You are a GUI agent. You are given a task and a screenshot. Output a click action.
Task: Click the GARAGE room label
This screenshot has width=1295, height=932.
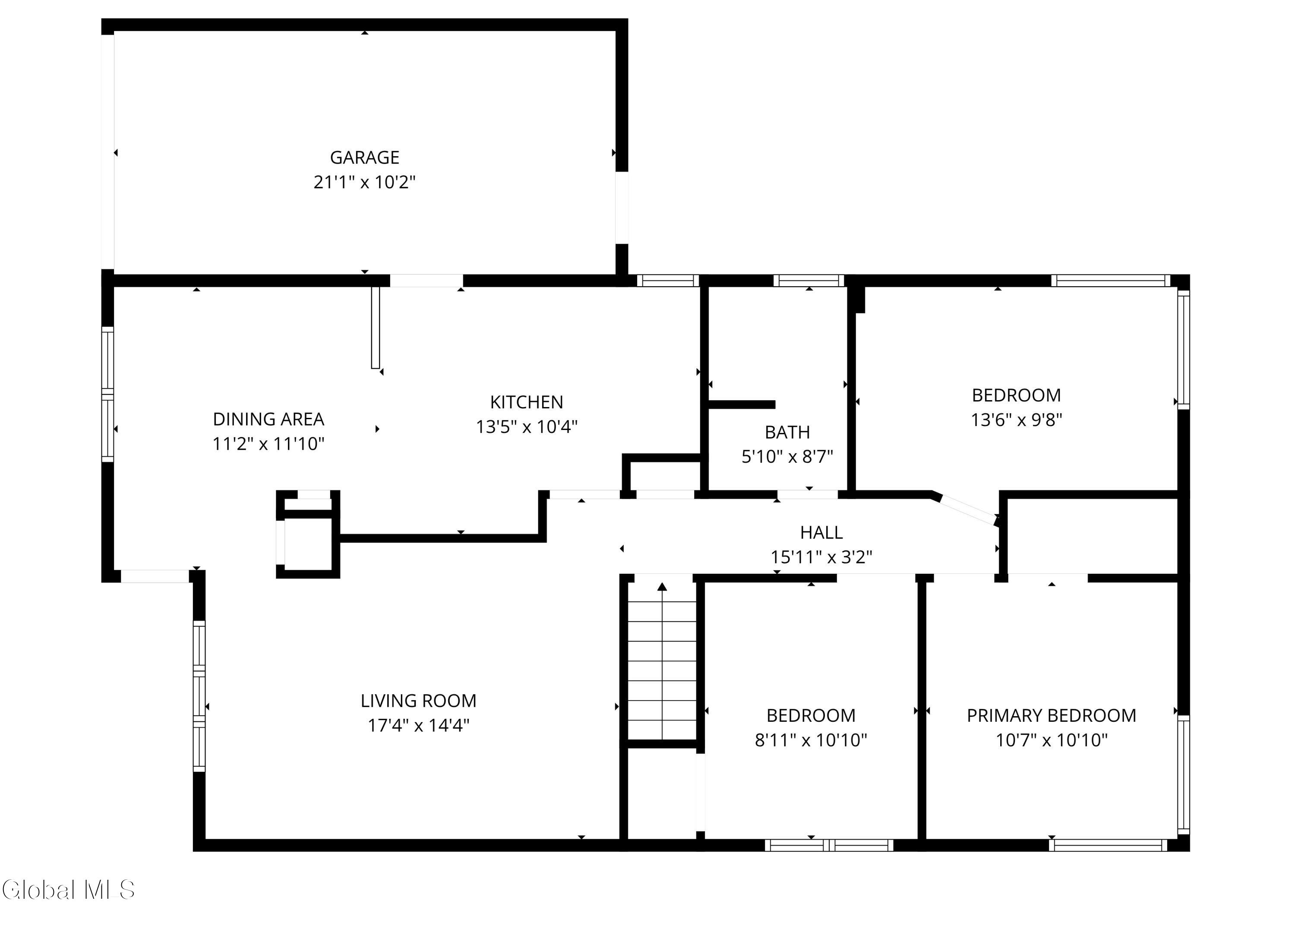tap(364, 157)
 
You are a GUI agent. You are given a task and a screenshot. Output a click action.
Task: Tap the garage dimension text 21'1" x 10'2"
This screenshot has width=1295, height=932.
tap(364, 182)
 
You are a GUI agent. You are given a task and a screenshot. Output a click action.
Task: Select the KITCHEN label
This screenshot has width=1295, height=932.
tap(527, 402)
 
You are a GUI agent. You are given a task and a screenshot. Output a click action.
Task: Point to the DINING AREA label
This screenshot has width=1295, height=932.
tap(268, 419)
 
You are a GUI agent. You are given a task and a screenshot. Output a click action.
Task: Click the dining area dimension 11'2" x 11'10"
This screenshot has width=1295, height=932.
tap(268, 444)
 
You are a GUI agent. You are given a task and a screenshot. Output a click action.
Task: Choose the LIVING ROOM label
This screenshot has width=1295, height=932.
tap(419, 701)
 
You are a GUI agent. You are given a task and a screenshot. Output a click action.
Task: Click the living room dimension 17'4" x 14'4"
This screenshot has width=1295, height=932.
tap(419, 725)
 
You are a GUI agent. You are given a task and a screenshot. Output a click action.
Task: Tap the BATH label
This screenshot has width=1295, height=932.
tap(787, 432)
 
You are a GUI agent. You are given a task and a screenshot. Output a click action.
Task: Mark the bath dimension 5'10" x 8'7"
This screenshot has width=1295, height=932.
tap(787, 457)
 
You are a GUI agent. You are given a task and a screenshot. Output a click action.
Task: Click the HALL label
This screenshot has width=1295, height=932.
tap(821, 532)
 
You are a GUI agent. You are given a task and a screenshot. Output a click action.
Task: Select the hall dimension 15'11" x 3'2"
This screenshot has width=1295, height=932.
tap(821, 557)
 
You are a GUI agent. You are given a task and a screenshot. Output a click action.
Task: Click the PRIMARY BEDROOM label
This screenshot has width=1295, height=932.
tap(1051, 716)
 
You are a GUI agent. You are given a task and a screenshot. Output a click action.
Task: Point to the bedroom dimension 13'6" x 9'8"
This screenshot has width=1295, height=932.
tap(1016, 420)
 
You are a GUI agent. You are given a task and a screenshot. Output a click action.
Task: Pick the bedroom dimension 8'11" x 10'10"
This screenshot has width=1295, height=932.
tap(811, 740)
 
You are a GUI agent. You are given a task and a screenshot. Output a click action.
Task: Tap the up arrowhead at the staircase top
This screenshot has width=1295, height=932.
tap(662, 587)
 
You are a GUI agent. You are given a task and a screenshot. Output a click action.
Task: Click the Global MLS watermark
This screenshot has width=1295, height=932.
tap(68, 890)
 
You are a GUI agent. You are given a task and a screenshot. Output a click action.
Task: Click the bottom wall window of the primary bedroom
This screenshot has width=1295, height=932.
tap(1108, 845)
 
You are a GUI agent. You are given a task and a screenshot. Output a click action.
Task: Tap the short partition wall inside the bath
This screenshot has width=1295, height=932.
tap(742, 404)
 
